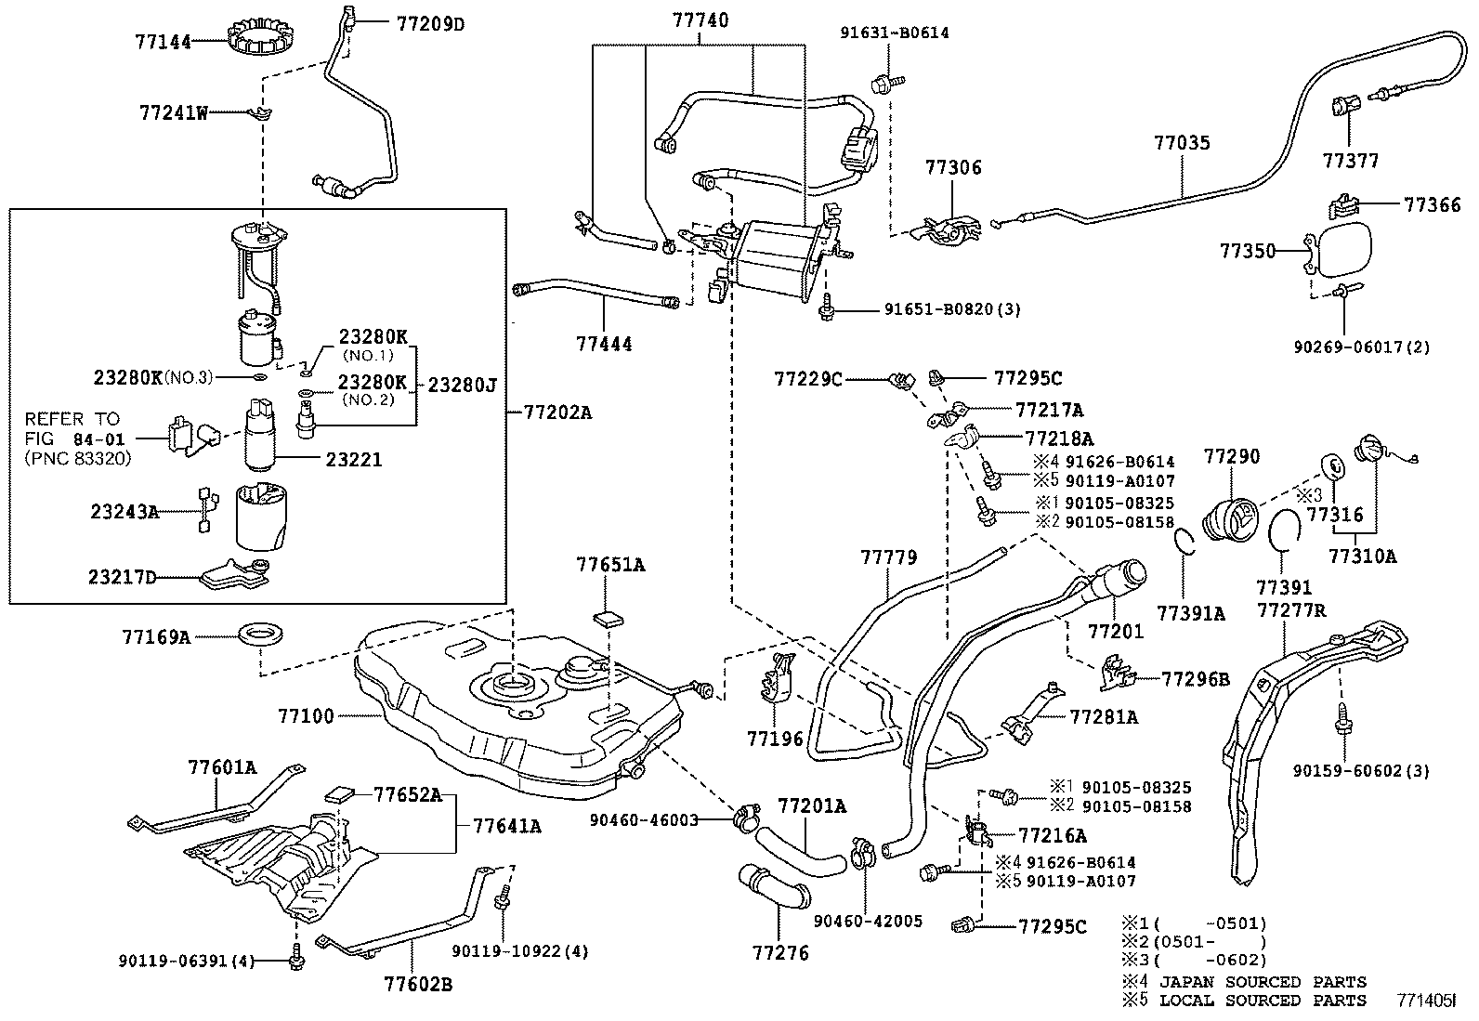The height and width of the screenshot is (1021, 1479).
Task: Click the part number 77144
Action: tap(163, 42)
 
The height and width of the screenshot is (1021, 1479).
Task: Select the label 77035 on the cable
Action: tap(1182, 143)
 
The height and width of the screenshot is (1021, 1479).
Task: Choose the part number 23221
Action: tap(353, 459)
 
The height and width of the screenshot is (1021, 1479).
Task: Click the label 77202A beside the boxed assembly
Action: tap(556, 411)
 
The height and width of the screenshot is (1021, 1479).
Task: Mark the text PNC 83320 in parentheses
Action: tap(78, 458)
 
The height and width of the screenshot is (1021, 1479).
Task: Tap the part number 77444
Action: tap(604, 345)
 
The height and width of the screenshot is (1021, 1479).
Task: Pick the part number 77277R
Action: tap(1290, 610)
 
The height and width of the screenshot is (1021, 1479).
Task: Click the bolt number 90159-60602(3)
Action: tap(1361, 770)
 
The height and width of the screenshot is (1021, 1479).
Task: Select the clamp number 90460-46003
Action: tap(643, 819)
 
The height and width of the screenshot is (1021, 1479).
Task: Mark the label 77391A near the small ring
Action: tap(1190, 612)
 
